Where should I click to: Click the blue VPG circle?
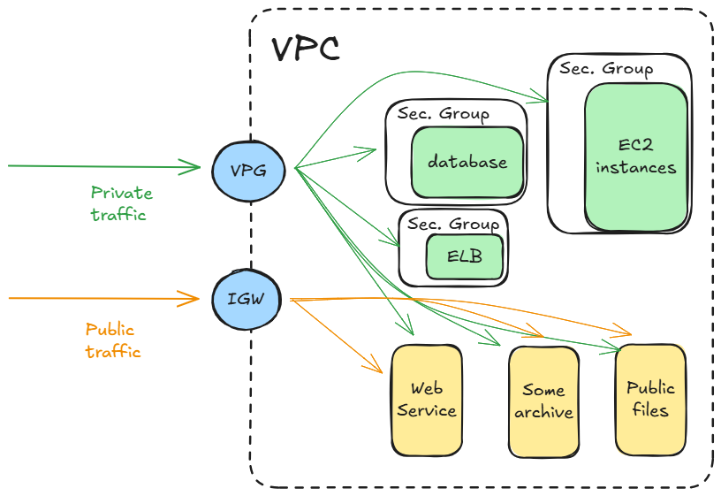[250, 167]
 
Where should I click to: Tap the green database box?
[467, 162]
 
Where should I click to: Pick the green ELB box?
[464, 257]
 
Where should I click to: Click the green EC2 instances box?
[635, 156]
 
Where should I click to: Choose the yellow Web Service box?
[427, 399]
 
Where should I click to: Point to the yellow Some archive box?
[543, 401]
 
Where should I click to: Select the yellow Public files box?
[650, 399]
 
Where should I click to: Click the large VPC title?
[305, 50]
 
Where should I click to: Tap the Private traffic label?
[121, 203]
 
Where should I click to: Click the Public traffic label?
[113, 340]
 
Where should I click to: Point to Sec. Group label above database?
[443, 114]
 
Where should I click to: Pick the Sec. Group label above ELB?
[453, 224]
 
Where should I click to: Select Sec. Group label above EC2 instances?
[606, 69]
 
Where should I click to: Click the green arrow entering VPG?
[106, 165]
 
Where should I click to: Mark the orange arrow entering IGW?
[106, 298]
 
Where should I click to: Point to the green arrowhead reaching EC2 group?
[542, 97]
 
